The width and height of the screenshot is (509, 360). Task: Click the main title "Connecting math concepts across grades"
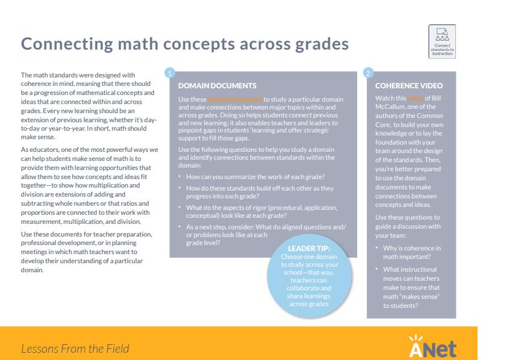(x=184, y=44)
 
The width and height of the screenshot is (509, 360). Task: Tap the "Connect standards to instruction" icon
(x=441, y=42)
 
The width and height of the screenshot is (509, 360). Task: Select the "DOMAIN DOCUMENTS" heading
(x=209, y=85)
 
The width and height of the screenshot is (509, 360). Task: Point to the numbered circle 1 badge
(x=171, y=73)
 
